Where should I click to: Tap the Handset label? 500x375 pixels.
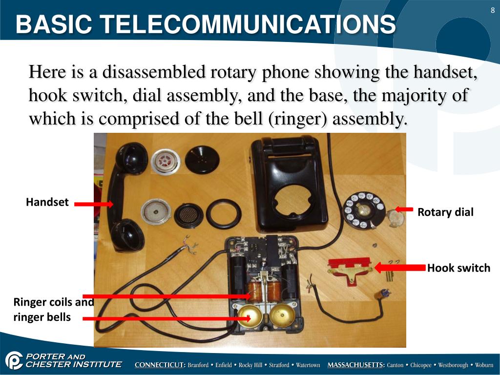click(47, 202)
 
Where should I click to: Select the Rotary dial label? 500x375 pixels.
click(445, 212)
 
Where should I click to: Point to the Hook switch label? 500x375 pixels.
click(458, 268)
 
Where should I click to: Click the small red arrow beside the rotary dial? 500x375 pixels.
click(404, 209)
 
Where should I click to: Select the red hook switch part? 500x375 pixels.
click(349, 268)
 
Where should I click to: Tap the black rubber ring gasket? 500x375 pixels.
click(223, 214)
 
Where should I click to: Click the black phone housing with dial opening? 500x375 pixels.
click(288, 190)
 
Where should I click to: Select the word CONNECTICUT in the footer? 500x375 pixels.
click(160, 365)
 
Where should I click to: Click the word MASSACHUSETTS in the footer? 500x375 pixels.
click(356, 365)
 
